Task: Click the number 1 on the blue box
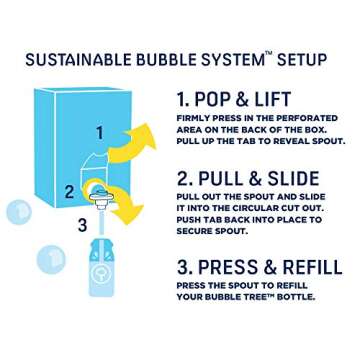click(99, 132)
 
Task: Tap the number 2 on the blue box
click(69, 191)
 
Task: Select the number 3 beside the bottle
click(82, 225)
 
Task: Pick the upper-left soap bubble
click(19, 211)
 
